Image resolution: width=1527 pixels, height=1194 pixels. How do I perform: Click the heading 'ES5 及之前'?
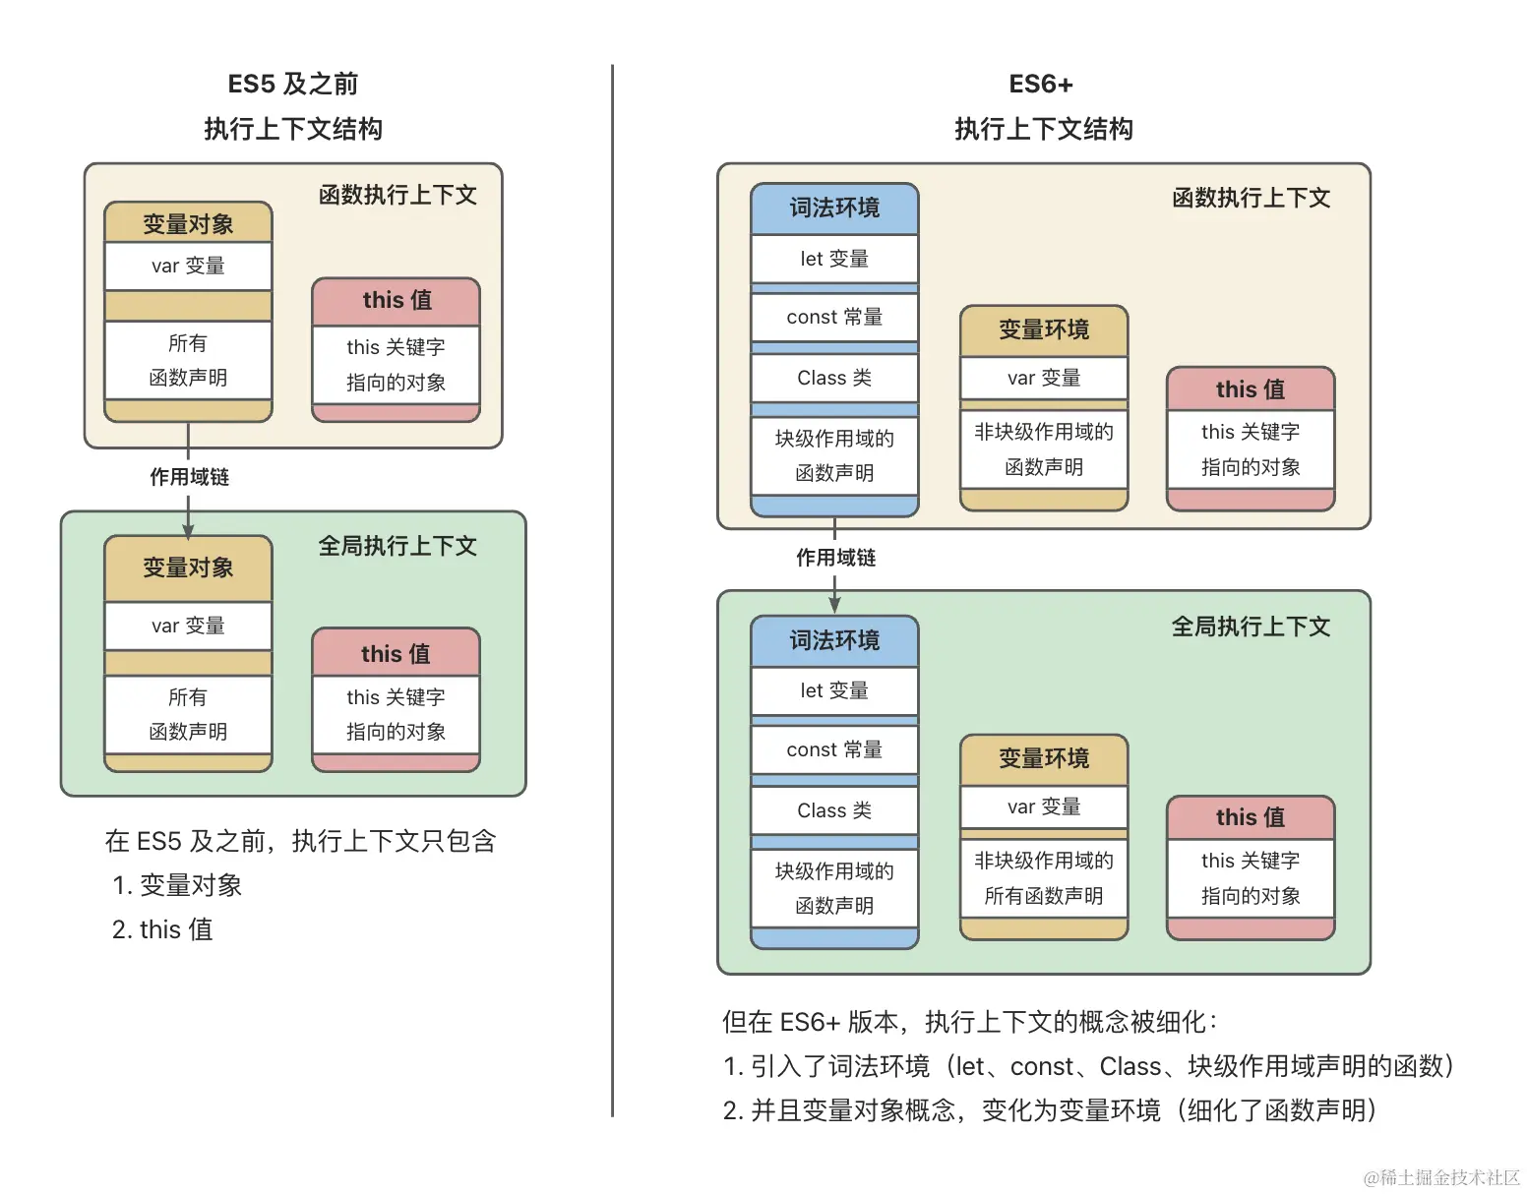coord(292,85)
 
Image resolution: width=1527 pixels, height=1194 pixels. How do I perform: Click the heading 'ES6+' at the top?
coord(1041,85)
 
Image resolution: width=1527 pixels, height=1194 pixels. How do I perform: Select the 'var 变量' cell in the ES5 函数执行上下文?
coord(188,266)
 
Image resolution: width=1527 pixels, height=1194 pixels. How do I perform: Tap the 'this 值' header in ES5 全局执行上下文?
coord(396,653)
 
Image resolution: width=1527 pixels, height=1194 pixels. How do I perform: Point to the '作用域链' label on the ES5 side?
coord(189,477)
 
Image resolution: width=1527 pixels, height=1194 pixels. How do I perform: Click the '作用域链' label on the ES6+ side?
coord(835,558)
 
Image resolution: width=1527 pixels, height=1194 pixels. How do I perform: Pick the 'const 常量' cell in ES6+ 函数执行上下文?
coord(834,317)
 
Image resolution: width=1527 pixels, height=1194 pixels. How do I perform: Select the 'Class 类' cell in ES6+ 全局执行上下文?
coord(834,810)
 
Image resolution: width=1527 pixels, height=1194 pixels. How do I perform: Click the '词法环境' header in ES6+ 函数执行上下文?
coord(834,209)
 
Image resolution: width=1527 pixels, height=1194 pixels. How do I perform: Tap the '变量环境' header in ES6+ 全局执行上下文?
coord(1044,758)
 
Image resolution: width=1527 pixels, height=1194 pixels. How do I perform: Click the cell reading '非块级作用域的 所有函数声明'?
coord(1044,878)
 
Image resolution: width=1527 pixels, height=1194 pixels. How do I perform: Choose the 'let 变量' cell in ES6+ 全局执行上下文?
coord(834,690)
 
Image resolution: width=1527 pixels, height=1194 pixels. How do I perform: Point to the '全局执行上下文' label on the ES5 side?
coord(397,546)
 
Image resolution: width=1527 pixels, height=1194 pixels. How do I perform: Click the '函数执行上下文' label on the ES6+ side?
coord(1251,198)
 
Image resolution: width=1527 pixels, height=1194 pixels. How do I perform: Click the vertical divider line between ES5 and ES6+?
coord(612,590)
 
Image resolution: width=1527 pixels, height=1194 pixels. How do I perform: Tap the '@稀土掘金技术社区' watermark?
coord(1440,1177)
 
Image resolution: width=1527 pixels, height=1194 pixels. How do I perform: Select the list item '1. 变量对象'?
coord(177,885)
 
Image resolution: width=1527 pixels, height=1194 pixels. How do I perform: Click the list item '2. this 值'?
coord(162,929)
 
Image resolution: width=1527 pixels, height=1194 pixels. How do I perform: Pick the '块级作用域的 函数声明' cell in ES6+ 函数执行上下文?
coord(834,456)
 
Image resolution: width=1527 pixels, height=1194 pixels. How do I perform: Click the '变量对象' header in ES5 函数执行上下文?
coord(188,224)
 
